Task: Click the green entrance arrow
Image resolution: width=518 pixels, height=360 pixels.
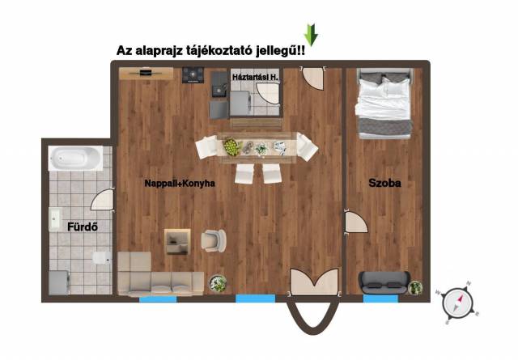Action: [311, 35]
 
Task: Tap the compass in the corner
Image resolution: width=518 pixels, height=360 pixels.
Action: [457, 303]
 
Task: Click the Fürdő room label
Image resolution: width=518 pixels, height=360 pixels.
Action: [83, 227]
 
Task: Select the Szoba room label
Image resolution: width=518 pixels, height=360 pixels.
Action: [385, 183]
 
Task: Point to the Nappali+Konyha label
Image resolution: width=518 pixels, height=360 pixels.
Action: [180, 184]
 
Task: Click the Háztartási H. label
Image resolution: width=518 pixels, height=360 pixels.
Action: [255, 78]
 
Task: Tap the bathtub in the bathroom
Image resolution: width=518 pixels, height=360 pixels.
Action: [75, 159]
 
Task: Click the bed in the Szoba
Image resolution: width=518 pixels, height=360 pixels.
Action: [384, 104]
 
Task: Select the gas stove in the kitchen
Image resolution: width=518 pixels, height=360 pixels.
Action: [193, 75]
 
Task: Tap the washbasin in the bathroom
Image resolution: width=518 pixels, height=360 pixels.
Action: [54, 219]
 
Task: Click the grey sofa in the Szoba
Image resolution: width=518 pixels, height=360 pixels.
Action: [384, 282]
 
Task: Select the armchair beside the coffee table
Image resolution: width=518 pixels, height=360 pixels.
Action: [214, 241]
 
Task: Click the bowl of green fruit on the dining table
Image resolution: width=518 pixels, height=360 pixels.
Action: [231, 147]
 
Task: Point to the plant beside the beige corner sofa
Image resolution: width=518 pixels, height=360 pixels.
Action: [218, 284]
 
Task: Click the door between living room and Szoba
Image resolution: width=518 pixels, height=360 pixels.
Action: [356, 222]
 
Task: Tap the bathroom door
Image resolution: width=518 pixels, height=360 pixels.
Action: [103, 199]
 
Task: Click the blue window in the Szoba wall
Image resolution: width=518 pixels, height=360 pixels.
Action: [380, 299]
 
